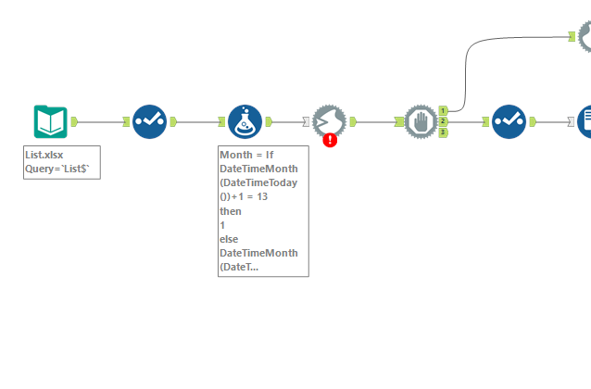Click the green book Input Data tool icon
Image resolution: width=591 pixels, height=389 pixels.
50,121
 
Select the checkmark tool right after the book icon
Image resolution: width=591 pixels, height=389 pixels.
148,121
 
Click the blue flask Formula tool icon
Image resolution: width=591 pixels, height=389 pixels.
245,121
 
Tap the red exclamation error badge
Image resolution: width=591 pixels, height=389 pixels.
330,140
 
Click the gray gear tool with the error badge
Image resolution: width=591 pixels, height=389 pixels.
329,120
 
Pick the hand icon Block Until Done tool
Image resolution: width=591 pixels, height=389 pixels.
421,121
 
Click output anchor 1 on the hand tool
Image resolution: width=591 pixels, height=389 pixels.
444,111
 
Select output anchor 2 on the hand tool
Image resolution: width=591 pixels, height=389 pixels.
444,121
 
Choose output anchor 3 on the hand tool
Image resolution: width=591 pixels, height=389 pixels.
444,132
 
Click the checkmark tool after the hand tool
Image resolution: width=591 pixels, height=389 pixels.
509,121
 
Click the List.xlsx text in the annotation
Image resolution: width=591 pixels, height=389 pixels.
44,156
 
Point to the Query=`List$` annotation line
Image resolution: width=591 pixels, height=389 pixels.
61,169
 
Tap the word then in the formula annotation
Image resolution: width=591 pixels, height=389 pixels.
231,211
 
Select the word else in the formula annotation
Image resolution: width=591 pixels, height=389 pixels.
230,239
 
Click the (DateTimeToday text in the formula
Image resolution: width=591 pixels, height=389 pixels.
258,183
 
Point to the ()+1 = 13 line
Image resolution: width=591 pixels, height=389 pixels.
244,197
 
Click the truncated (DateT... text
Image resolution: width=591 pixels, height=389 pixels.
240,267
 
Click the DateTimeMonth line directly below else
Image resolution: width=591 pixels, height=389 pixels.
258,253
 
